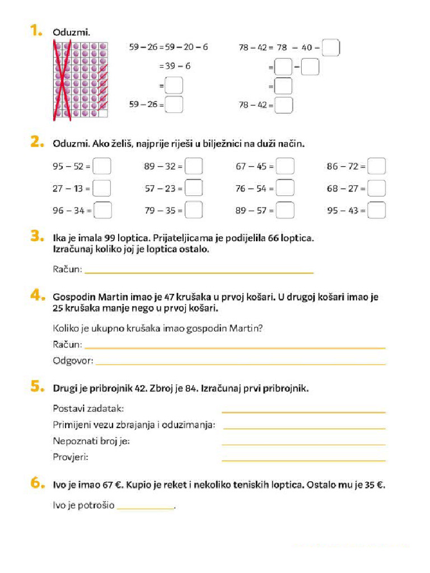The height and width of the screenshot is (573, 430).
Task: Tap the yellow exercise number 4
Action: tap(37, 296)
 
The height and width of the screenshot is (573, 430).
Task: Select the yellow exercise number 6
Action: tap(37, 484)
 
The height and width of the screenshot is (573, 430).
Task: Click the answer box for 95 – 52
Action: tap(102, 166)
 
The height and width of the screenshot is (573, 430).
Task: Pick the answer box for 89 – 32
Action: tap(194, 166)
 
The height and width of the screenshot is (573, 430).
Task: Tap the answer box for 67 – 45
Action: tap(286, 166)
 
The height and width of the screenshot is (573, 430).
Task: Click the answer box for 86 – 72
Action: tap(377, 166)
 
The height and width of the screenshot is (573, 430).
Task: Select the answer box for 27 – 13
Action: tap(102, 188)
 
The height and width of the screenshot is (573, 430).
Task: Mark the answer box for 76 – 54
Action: tap(286, 188)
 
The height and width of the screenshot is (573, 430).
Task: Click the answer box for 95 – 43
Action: tap(377, 210)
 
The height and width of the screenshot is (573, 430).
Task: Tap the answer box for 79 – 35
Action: tap(194, 210)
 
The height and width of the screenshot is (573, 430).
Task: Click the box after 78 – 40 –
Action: tap(331, 48)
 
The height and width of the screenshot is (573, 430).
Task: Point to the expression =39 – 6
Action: tap(175, 66)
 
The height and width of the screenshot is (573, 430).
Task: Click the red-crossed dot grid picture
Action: tap(80, 79)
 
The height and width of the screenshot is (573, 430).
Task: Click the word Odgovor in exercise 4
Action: tap(72, 360)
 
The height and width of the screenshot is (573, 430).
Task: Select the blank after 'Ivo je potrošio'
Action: tap(146, 506)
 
